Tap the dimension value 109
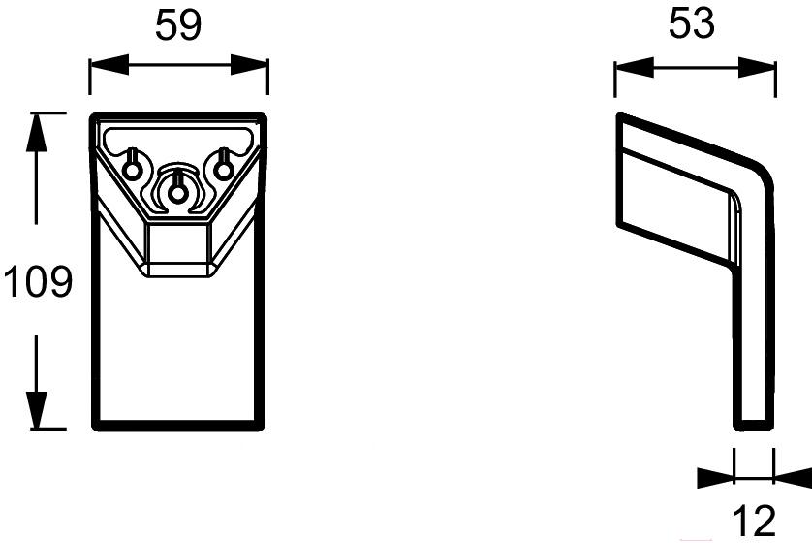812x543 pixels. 38,283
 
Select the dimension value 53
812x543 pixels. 692,24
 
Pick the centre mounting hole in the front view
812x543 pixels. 177,193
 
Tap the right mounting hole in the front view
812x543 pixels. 224,170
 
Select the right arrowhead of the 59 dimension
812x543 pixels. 255,66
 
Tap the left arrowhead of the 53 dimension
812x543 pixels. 629,67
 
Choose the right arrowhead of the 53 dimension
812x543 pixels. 762,67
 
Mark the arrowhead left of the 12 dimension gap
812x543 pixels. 715,476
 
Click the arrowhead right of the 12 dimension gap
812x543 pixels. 793,476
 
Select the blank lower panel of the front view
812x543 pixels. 177,349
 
